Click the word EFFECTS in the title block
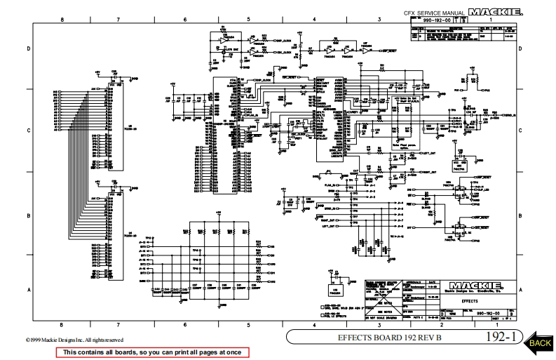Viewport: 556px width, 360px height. click(x=470, y=301)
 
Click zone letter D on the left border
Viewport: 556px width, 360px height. click(x=29, y=48)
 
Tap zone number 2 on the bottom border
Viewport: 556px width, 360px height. click(x=441, y=324)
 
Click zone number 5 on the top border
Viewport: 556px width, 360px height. click(x=250, y=20)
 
